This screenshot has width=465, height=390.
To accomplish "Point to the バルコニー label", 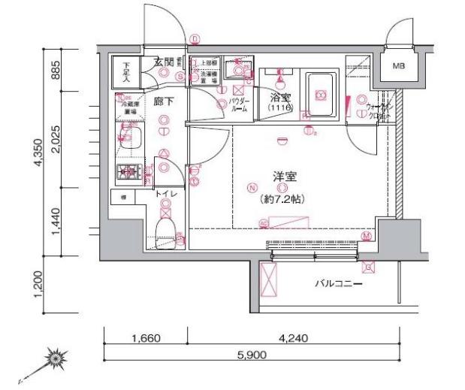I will [338, 285].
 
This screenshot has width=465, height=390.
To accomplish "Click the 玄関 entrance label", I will [164, 61].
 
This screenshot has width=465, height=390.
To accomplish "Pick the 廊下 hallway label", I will [163, 101].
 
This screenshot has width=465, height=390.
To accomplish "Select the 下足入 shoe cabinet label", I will [125, 72].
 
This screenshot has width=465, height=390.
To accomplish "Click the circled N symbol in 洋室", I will [252, 188].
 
